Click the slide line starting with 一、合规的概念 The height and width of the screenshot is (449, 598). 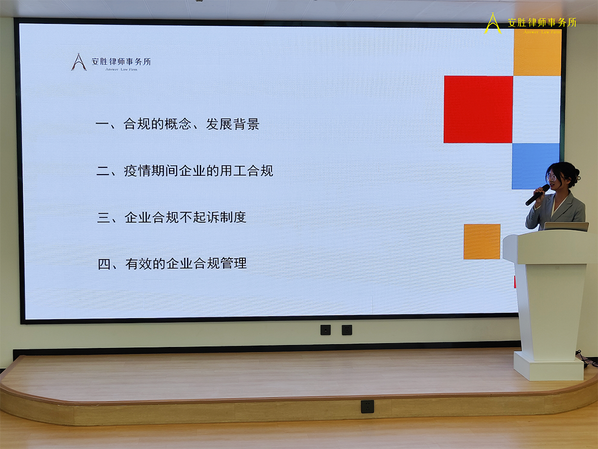coord(177,124)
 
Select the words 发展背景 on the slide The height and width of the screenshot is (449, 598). coord(233,124)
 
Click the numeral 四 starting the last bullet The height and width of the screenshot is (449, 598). coord(104,264)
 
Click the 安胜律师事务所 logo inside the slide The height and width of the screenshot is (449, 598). coord(111,62)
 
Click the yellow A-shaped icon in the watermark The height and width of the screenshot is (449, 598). coord(492,23)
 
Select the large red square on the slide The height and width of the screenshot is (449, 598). coord(478,109)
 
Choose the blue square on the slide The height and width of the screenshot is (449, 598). coord(535,165)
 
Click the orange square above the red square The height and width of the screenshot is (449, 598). coord(537,53)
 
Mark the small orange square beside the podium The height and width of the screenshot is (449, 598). coord(482,242)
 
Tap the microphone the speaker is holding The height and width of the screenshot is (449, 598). coord(537,195)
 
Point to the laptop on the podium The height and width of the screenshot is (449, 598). coord(565,226)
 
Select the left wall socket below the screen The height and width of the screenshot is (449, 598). coord(326,330)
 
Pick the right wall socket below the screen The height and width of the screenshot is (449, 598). coord(347,330)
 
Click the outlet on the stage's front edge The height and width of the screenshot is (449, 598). coord(367,406)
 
